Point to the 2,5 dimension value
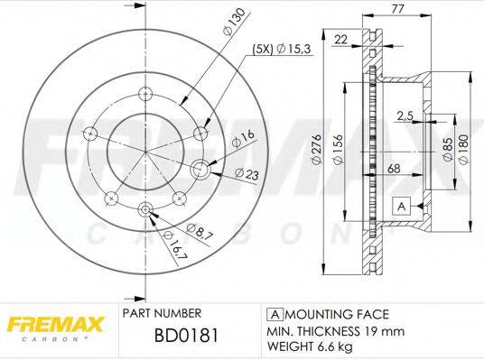[405, 114]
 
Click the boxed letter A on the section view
[401, 207]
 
